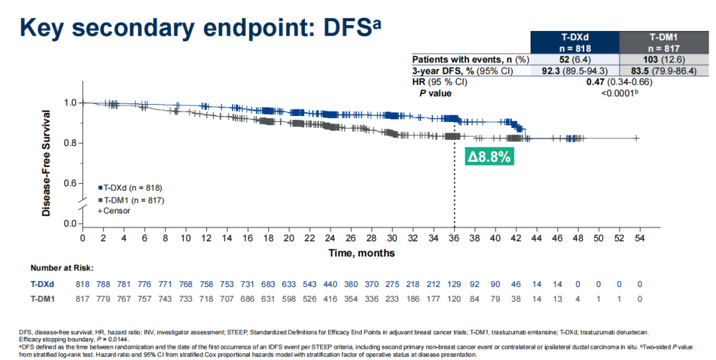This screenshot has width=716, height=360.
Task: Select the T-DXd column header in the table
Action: pyautogui.click(x=575, y=42)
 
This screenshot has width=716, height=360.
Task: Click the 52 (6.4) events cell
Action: pyautogui.click(x=575, y=59)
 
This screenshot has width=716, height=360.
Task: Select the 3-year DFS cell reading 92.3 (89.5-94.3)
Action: pyautogui.click(x=575, y=71)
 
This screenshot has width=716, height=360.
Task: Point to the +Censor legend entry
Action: pyautogui.click(x=114, y=210)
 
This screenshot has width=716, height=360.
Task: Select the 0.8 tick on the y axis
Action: pyautogui.click(x=69, y=143)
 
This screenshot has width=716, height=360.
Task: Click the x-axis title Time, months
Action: pyautogui.click(x=362, y=253)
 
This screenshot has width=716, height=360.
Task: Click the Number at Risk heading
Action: pyautogui.click(x=62, y=268)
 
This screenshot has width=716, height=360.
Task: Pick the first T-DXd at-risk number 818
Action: pyautogui.click(x=82, y=284)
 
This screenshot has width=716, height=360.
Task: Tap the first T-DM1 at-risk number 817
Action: pyautogui.click(x=82, y=298)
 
